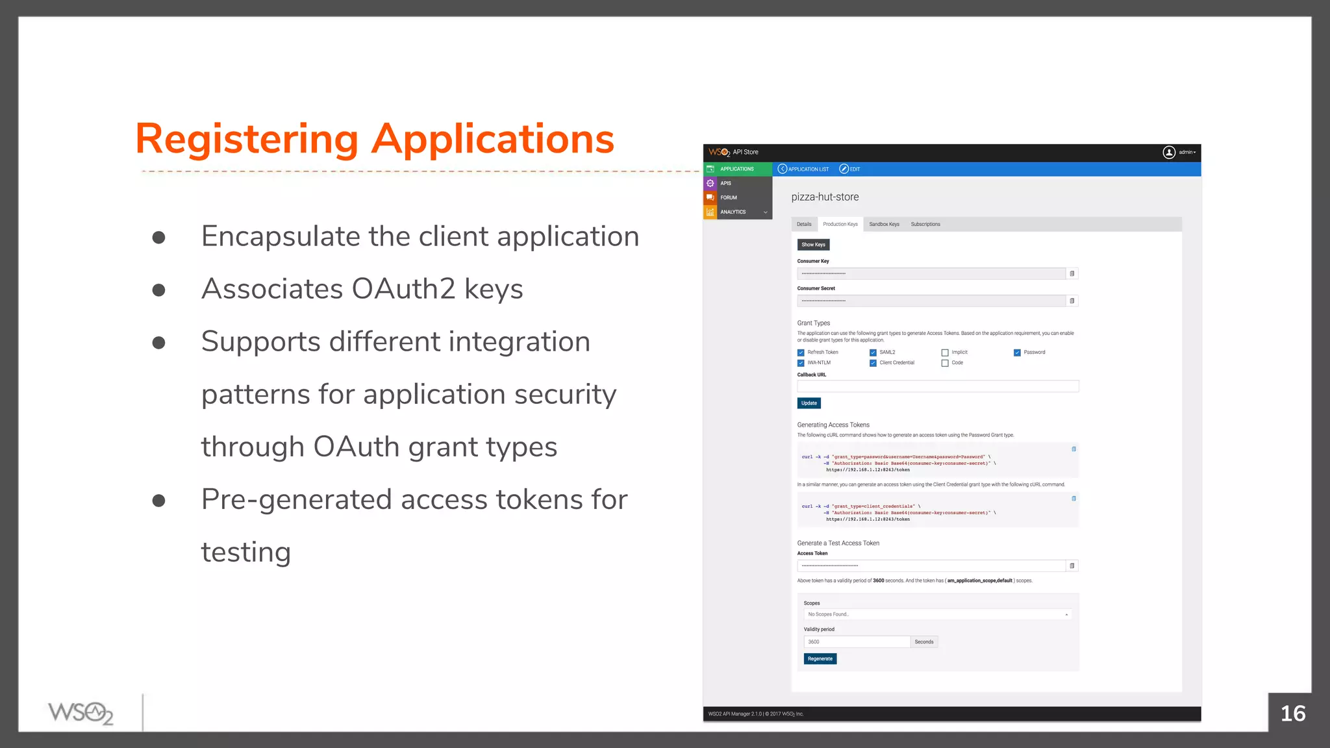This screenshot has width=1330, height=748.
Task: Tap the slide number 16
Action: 1292,714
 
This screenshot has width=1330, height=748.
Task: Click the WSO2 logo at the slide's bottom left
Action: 81,713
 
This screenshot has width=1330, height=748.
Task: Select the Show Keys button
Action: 813,245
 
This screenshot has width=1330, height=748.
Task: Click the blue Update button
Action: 809,403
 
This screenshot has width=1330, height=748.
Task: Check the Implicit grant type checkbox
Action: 945,353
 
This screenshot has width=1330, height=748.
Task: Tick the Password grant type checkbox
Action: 1017,353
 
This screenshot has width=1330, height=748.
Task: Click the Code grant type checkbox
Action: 945,363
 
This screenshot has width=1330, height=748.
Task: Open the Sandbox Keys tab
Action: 884,224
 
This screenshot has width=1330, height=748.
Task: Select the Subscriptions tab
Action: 925,224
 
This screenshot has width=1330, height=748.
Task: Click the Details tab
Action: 804,224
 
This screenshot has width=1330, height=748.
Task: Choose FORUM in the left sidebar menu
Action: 729,197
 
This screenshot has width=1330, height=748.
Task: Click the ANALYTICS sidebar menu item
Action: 733,212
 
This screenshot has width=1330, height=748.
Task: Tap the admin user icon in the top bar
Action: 1168,152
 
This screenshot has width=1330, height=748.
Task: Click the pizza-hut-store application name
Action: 825,197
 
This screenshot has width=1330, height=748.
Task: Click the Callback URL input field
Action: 937,386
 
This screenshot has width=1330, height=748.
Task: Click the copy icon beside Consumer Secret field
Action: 1072,301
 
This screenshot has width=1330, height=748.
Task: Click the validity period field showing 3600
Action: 856,642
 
